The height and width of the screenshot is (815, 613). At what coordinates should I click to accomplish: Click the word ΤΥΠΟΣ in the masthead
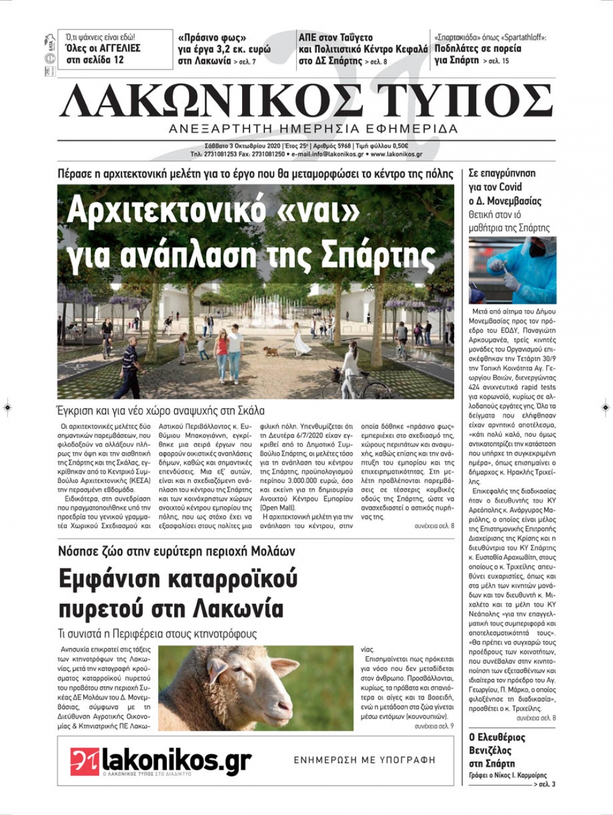coord(465,100)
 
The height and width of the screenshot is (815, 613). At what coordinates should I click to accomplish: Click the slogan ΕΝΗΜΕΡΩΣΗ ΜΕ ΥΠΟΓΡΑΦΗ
coord(364,760)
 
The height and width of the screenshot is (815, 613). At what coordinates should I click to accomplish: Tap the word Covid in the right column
coord(510,187)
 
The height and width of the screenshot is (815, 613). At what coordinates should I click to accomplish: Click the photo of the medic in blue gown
coord(512,270)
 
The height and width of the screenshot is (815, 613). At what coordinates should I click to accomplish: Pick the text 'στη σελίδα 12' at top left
coord(95,60)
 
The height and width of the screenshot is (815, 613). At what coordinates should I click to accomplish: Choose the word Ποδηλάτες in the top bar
coord(458,48)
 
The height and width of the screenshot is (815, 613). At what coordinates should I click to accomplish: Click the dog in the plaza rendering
coord(270,351)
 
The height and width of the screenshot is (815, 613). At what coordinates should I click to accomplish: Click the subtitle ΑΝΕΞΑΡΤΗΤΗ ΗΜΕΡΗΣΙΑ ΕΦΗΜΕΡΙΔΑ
coord(313,129)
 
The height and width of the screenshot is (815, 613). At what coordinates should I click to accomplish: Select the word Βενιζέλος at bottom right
coord(490,751)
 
